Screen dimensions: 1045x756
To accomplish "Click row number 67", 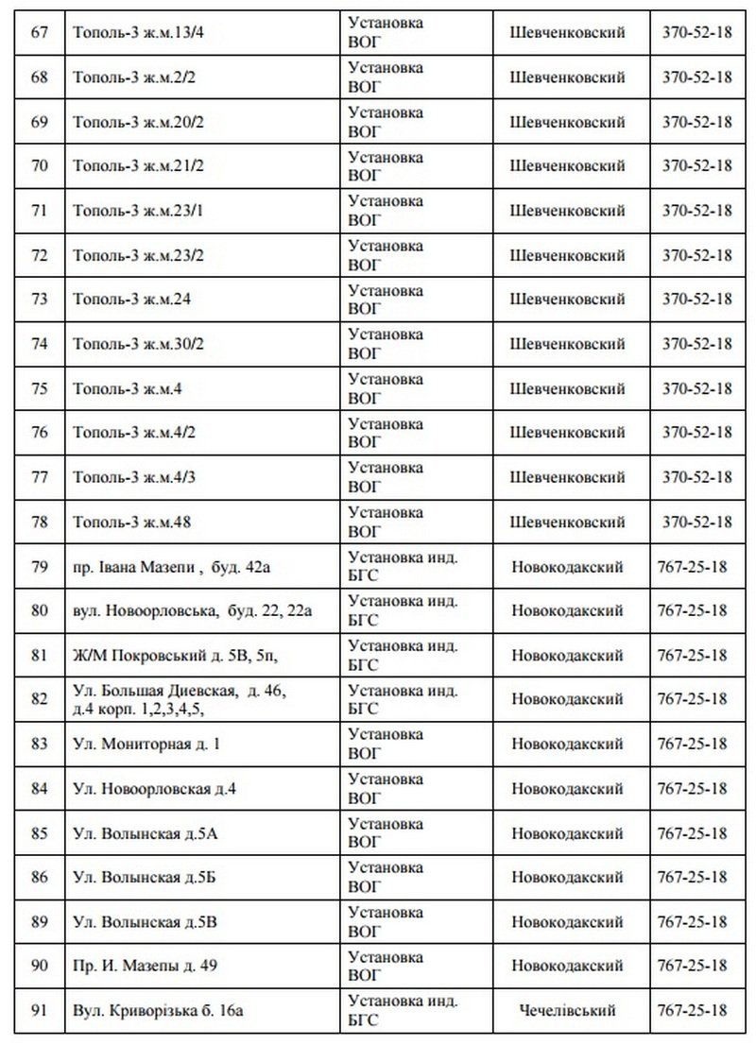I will [x=40, y=33].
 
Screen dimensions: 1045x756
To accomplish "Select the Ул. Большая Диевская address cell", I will [x=179, y=699].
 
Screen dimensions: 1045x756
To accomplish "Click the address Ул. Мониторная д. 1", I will [x=146, y=744].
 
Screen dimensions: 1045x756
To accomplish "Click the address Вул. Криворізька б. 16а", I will [x=158, y=1011].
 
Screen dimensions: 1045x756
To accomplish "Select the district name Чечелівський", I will [x=567, y=1011].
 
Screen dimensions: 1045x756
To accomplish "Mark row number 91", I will [x=40, y=1011].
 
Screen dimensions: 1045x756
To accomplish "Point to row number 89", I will [x=40, y=922].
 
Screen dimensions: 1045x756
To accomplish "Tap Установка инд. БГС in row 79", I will [x=404, y=567].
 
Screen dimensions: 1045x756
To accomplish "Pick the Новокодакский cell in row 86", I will [x=567, y=878].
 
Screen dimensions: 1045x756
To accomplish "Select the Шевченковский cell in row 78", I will [x=567, y=522].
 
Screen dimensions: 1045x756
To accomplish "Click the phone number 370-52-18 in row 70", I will [x=697, y=166].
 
